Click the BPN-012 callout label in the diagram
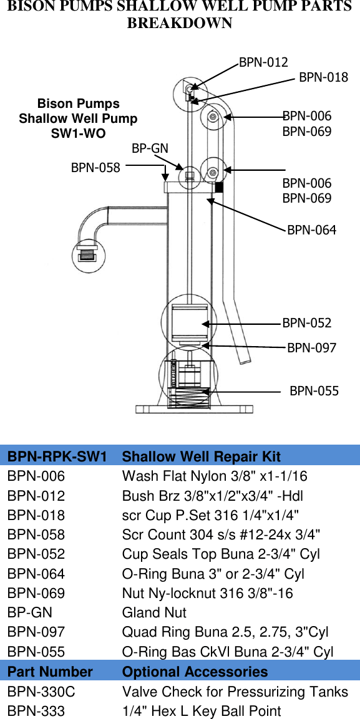(x=263, y=62)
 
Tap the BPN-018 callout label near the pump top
(x=323, y=77)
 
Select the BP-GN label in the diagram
(x=150, y=148)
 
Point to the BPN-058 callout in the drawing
(x=95, y=167)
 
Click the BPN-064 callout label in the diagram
(x=311, y=230)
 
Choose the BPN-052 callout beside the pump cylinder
(x=306, y=323)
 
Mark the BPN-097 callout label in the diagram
(x=311, y=347)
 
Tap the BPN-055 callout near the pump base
(x=314, y=391)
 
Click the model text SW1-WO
(x=78, y=133)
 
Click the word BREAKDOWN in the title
(x=180, y=24)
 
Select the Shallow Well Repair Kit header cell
(x=201, y=456)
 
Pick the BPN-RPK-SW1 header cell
(x=57, y=456)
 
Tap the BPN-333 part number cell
(x=36, y=711)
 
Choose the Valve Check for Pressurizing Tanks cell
(x=235, y=692)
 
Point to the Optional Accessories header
(x=195, y=672)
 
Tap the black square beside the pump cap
(x=219, y=186)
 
